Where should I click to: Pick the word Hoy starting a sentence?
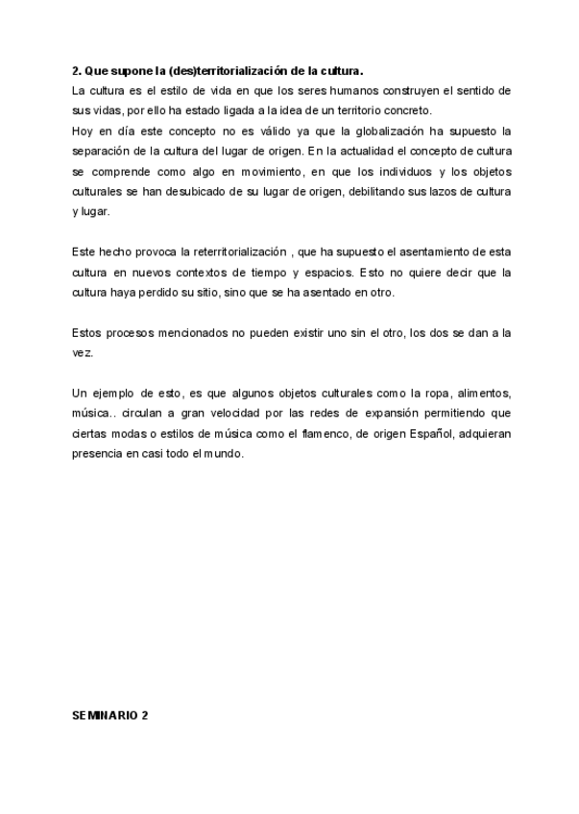tap(82, 131)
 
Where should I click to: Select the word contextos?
tap(195, 272)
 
